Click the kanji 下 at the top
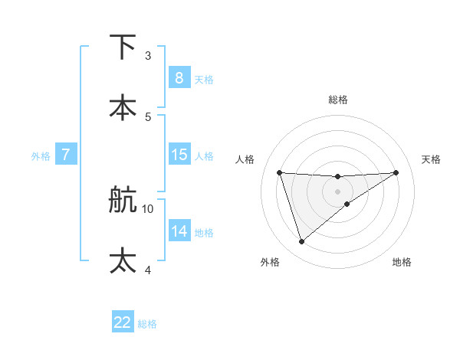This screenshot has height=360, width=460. pyautogui.click(x=123, y=47)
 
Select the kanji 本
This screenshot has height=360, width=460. pyautogui.click(x=123, y=107)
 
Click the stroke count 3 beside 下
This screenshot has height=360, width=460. pyautogui.click(x=147, y=56)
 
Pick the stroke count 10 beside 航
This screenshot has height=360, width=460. pyautogui.click(x=148, y=208)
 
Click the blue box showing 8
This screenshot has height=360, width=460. pyautogui.click(x=179, y=78)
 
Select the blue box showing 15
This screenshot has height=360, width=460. pyautogui.click(x=179, y=155)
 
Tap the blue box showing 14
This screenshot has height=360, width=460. pyautogui.click(x=179, y=231)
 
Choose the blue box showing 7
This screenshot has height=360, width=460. pyautogui.click(x=66, y=155)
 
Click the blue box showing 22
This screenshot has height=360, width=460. pyautogui.click(x=123, y=322)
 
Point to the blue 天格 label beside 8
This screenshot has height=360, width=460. pyautogui.click(x=203, y=80)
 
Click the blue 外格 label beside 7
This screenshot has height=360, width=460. pyautogui.click(x=41, y=156)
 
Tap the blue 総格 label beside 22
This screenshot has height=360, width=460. pyautogui.click(x=147, y=324)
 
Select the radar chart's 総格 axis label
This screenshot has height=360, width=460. pyautogui.click(x=337, y=100)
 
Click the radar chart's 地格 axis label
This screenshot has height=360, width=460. pyautogui.click(x=402, y=262)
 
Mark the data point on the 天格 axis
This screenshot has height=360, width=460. pyautogui.click(x=396, y=172)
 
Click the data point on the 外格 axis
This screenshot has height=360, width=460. pyautogui.click(x=301, y=242)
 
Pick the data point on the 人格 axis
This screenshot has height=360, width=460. pyautogui.click(x=280, y=172)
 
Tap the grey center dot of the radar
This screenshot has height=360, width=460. pyautogui.click(x=337, y=191)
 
